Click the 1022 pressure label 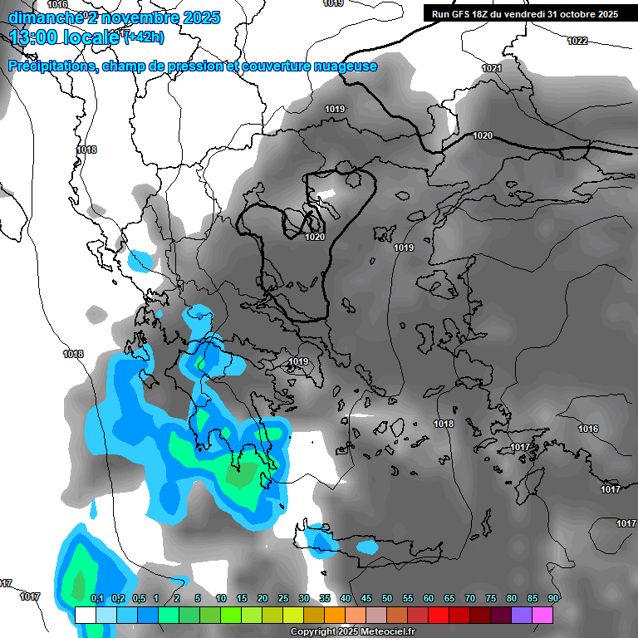click(x=577, y=41)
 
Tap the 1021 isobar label click(x=492, y=68)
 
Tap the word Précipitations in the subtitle click(x=51, y=66)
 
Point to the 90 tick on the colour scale click(x=553, y=599)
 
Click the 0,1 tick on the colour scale click(x=96, y=599)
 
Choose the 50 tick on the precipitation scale click(x=387, y=599)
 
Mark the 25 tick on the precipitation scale click(x=283, y=599)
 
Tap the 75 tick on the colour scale click(x=491, y=599)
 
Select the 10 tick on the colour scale click(x=221, y=599)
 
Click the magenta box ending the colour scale click(x=542, y=615)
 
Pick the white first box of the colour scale click(x=85, y=615)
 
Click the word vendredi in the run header click(x=521, y=14)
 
